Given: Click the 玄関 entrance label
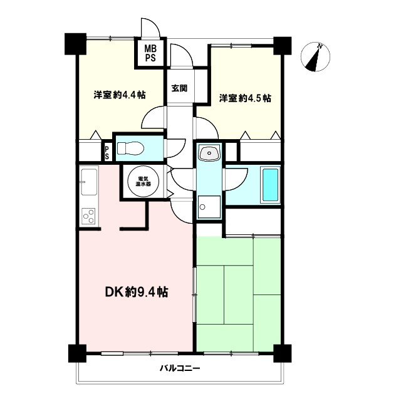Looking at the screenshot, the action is point(179,88).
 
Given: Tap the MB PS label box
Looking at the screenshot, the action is point(150,53).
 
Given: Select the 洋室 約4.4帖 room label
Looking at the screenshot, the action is point(120,95).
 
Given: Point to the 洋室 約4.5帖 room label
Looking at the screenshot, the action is point(245,98).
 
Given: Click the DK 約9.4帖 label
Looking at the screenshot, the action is point(137,292).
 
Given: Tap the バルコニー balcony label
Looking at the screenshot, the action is point(180,368).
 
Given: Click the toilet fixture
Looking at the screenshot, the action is point(130,148).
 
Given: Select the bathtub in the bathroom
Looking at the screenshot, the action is point(270,185).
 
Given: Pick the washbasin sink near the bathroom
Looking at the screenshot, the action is point(209,153).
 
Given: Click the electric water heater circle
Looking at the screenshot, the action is point(143,181).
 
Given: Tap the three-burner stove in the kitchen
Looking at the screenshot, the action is point(88,216).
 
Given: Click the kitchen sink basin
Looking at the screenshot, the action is point(89,182).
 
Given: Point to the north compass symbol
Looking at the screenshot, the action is point(315,57).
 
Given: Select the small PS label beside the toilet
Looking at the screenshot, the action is point(107,153).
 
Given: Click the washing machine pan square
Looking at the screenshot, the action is point(209,207).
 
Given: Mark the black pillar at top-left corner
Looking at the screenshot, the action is point(75,44).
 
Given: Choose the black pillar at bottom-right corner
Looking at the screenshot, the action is point(283,353).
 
